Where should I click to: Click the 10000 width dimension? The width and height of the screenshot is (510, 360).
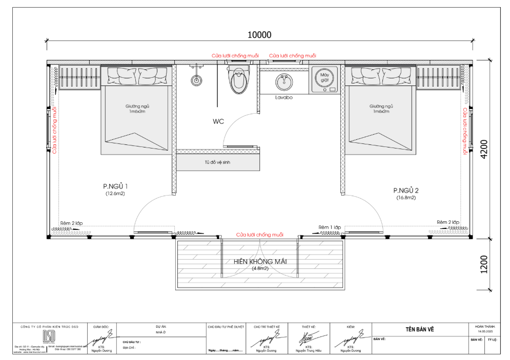[x=259, y=35]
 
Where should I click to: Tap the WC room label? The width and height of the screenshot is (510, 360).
[x=219, y=122]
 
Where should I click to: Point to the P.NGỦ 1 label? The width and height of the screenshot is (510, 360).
[x=115, y=186]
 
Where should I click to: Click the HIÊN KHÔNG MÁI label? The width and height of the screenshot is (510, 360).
[x=260, y=261]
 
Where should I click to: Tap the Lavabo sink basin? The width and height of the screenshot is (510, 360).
[x=283, y=80]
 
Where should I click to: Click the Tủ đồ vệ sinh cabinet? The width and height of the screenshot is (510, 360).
[x=217, y=162]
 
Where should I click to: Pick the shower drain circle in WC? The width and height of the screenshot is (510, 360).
[x=196, y=80]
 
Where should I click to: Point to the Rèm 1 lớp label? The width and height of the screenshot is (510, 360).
[x=330, y=226]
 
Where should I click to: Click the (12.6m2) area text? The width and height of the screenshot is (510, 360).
[x=115, y=194]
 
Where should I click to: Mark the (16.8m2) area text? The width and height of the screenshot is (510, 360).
[x=405, y=197]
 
